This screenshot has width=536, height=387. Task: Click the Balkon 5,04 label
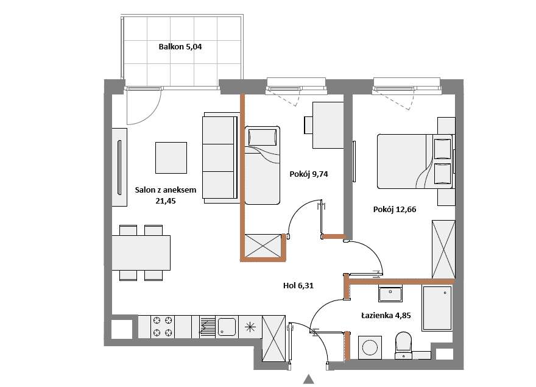tap(180, 46)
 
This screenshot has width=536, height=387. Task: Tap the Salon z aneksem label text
tap(166, 190)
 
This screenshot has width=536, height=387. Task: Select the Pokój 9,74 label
tap(309, 174)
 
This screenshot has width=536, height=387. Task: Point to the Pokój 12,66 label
tap(395, 210)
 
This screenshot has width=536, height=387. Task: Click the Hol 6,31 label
tap(298, 285)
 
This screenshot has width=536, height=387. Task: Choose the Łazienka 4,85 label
tap(386, 316)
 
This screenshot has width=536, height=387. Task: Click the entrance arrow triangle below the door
tap(309, 379)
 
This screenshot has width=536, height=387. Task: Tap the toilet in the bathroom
tap(403, 345)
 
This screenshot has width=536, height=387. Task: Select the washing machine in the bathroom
tap(370, 347)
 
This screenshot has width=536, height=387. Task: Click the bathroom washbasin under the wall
tap(390, 294)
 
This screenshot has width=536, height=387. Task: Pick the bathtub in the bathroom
tap(437, 308)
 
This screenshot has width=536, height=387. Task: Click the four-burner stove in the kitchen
tap(163, 327)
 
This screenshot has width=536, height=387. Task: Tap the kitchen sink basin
tap(227, 327)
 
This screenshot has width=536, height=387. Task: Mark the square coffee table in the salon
tap(171, 158)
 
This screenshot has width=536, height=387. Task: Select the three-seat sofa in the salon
tap(220, 158)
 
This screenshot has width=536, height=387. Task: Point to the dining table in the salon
tap(141, 253)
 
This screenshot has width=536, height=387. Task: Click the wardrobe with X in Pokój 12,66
tap(443, 249)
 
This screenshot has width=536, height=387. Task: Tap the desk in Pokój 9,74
tap(328, 125)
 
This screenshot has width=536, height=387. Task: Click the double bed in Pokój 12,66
tap(415, 162)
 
